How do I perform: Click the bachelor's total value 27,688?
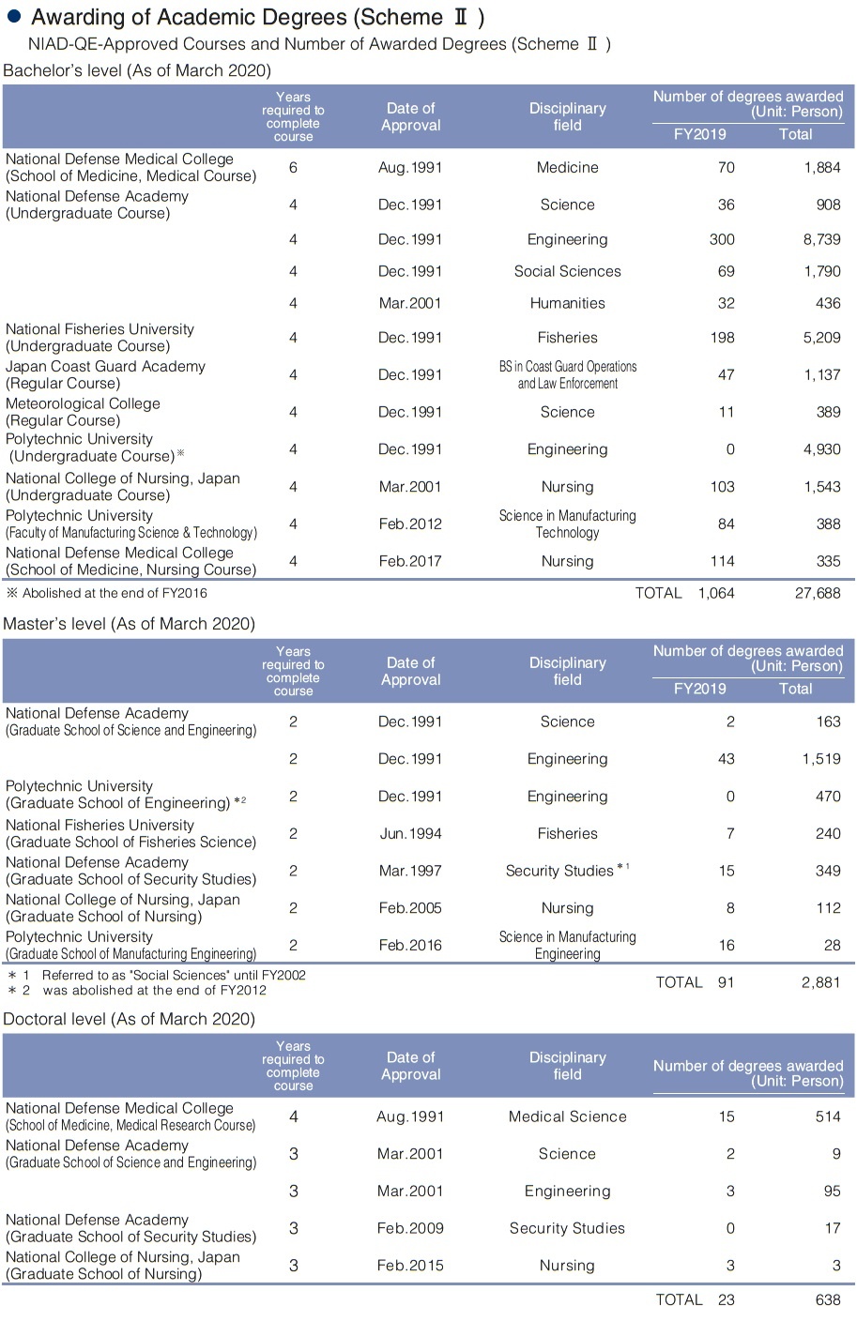click(x=818, y=593)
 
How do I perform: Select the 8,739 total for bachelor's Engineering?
click(x=821, y=239)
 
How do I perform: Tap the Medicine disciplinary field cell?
click(x=567, y=167)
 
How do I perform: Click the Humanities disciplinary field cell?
click(x=567, y=303)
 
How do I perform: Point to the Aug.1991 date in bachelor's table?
click(x=410, y=167)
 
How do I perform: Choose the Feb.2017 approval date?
click(x=410, y=561)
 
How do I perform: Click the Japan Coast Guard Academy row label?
click(x=105, y=374)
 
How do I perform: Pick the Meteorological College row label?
click(x=83, y=412)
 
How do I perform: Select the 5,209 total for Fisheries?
click(x=821, y=338)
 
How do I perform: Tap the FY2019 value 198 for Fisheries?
click(x=722, y=338)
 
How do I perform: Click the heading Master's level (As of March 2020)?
click(x=129, y=624)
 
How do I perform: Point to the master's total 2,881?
click(x=821, y=982)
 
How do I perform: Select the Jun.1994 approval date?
click(x=410, y=833)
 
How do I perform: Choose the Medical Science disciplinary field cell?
click(x=567, y=1116)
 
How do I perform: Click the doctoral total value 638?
click(x=827, y=1299)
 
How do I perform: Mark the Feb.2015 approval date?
click(x=409, y=1266)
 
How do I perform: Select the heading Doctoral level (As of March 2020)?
click(x=130, y=1019)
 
